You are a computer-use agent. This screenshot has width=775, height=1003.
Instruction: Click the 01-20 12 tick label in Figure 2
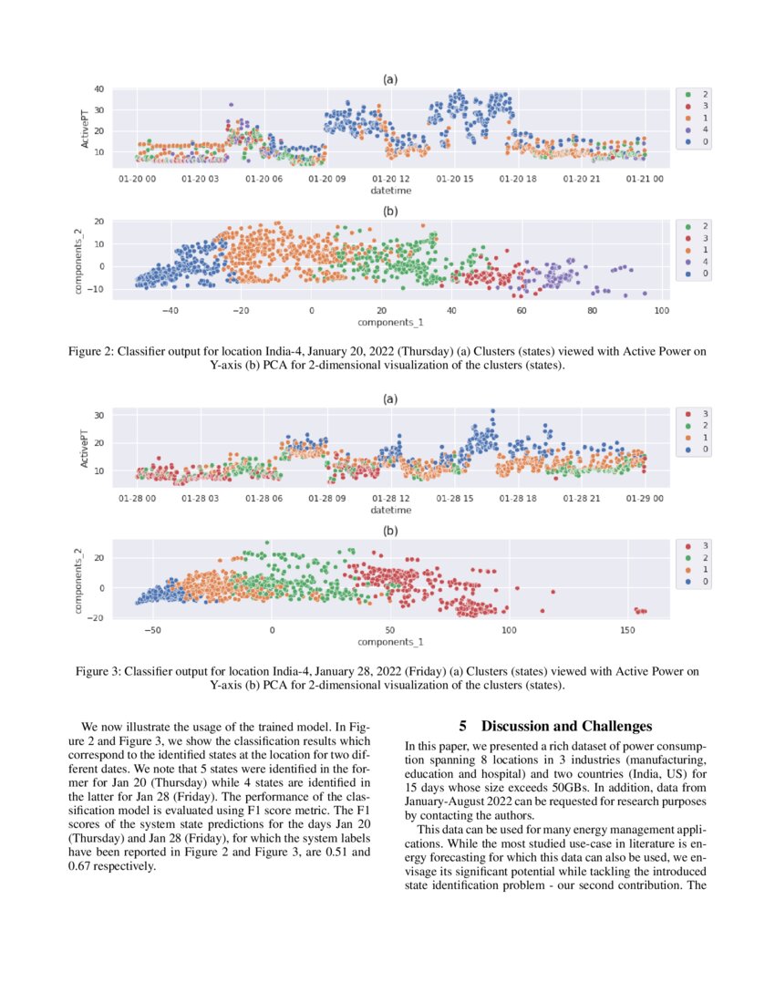click(391, 179)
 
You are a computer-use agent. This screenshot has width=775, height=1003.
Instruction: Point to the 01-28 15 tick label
click(454, 499)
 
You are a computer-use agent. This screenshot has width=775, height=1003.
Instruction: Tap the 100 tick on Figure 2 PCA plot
click(661, 311)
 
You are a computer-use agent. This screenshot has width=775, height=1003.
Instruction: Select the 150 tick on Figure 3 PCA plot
click(627, 631)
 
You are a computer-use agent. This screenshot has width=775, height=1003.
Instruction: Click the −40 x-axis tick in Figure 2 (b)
click(170, 311)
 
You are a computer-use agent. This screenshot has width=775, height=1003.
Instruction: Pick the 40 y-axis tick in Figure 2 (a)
click(98, 89)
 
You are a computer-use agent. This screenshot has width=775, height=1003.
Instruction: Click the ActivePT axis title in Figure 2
click(86, 129)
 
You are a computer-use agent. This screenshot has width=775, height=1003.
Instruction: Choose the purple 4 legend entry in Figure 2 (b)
click(697, 262)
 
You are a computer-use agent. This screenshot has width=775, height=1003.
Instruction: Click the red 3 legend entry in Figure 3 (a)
click(697, 414)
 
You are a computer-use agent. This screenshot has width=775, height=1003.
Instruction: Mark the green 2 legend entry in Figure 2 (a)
click(697, 95)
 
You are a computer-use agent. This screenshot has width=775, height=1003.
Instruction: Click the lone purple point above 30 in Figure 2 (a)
click(232, 105)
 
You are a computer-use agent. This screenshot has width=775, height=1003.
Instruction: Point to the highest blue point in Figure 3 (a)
click(492, 411)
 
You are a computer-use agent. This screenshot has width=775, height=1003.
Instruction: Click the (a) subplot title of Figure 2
click(390, 79)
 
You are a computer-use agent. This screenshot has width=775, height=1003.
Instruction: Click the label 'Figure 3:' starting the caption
click(102, 672)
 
